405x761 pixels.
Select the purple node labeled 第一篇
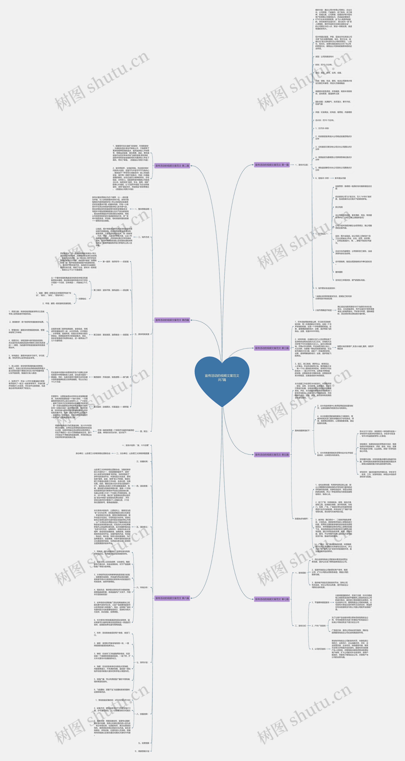272,165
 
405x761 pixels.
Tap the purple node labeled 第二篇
172,166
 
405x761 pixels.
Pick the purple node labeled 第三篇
272,348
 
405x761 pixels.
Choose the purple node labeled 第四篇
172,320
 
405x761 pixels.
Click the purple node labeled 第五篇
272,455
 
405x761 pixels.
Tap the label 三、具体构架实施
142,334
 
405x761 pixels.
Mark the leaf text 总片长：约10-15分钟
324,120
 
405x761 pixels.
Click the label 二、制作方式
143,237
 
